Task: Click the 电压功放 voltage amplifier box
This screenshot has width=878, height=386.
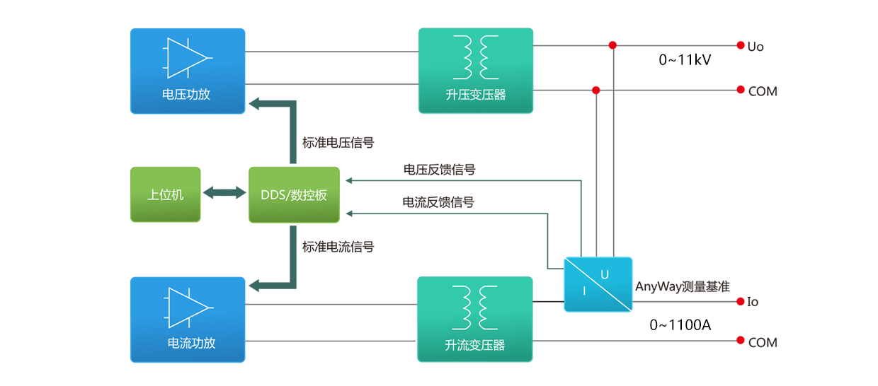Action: coord(188,71)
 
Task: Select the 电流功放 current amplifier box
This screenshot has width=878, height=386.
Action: coord(188,320)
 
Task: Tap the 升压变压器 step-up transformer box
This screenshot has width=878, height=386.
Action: coord(476,71)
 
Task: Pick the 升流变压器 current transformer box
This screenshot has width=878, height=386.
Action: coord(474,320)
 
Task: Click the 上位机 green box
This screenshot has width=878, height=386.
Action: coord(166,194)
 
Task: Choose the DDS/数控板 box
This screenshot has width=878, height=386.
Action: coord(294,194)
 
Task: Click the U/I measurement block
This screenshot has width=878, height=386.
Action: coord(598,284)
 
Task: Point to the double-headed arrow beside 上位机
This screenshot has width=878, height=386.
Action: coord(224,192)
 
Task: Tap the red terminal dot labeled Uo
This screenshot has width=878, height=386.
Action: coord(741,45)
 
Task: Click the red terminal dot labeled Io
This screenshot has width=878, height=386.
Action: coord(741,301)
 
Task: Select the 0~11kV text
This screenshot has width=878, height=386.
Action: coord(685,61)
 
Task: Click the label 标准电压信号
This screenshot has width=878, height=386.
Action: coord(338,143)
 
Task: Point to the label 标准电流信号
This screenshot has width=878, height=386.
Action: coord(338,247)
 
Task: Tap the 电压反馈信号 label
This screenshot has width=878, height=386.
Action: coord(439,170)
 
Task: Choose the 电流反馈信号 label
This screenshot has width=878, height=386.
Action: coord(438,202)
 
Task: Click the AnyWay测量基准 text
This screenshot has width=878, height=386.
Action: coord(683,286)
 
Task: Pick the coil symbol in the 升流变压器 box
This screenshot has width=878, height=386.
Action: coord(474,307)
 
